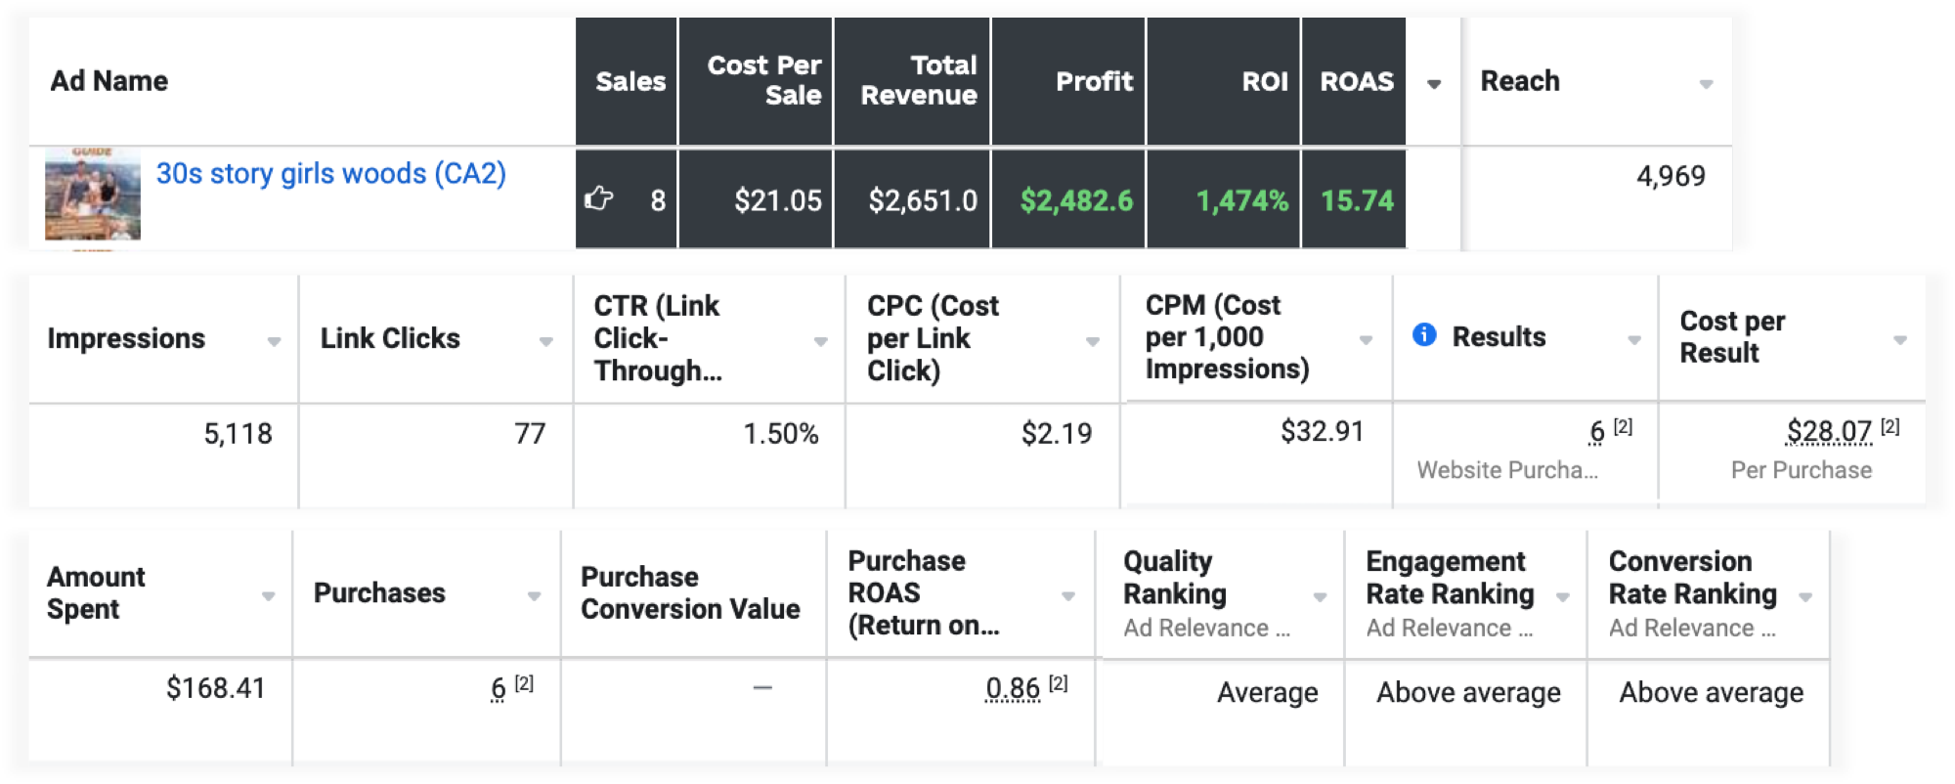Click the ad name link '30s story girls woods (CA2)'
pyautogui.click(x=330, y=174)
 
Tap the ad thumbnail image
pyautogui.click(x=93, y=195)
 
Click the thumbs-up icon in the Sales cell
pyautogui.click(x=598, y=199)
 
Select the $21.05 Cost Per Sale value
pyautogui.click(x=778, y=200)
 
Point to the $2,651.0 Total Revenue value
pyautogui.click(x=923, y=200)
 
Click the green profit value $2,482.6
pyautogui.click(x=1076, y=200)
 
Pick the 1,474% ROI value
pyautogui.click(x=1242, y=200)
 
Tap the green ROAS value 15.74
pyautogui.click(x=1357, y=200)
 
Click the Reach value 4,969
pyautogui.click(x=1671, y=176)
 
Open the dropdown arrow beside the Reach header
pyautogui.click(x=1706, y=84)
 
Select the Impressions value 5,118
pyautogui.click(x=238, y=433)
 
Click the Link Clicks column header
pyautogui.click(x=390, y=338)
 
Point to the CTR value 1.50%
pyautogui.click(x=780, y=433)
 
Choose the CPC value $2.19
pyautogui.click(x=1056, y=433)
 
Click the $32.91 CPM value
pyautogui.click(x=1322, y=431)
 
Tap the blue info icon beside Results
pyautogui.click(x=1424, y=335)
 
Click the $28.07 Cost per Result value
pyautogui.click(x=1829, y=431)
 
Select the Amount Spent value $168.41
pyautogui.click(x=215, y=688)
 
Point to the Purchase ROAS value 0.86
pyautogui.click(x=1013, y=689)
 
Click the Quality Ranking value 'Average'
pyautogui.click(x=1267, y=692)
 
